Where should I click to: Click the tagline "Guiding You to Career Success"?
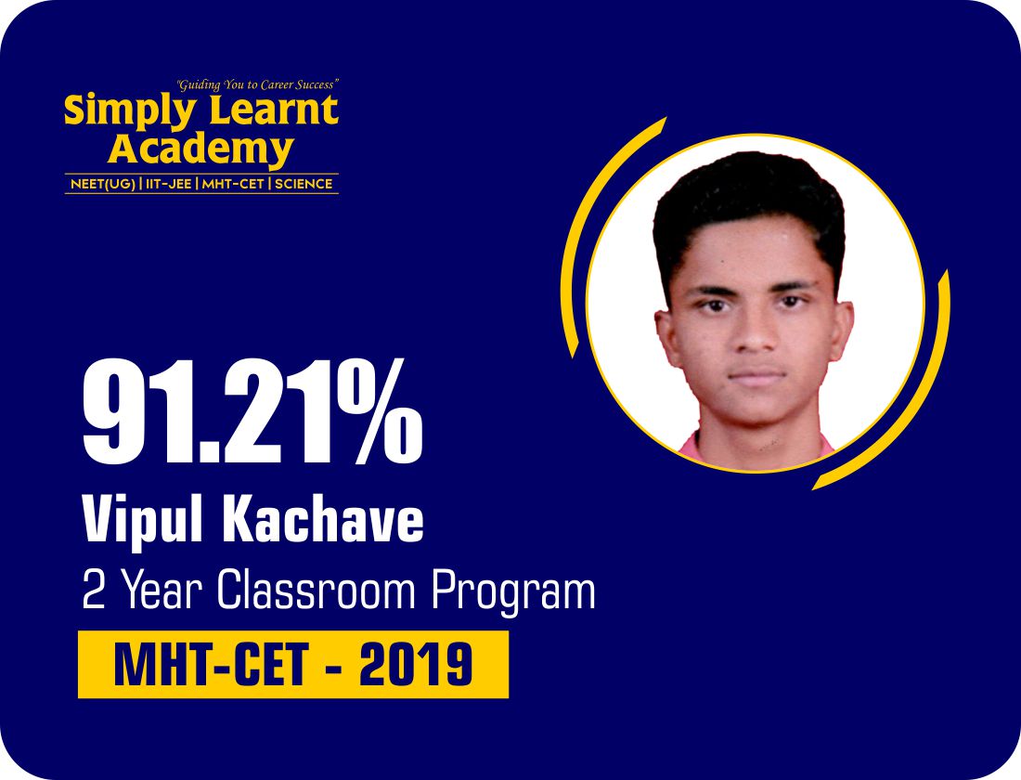(258, 84)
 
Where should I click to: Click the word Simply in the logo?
(129, 111)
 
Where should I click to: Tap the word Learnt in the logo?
(274, 110)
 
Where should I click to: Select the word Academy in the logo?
(201, 150)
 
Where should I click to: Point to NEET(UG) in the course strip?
(103, 184)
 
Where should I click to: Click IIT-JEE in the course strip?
(169, 184)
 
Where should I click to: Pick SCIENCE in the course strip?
(304, 184)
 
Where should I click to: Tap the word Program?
(513, 592)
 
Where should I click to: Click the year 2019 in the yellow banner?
(416, 664)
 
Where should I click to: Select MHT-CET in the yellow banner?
(212, 664)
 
